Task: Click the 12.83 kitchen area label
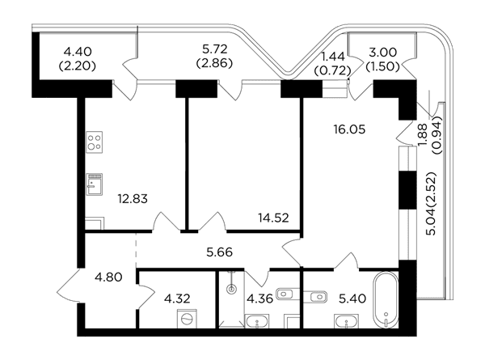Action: point(133,199)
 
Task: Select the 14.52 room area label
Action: point(273,218)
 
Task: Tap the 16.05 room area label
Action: point(349,129)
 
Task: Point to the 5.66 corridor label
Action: point(219,252)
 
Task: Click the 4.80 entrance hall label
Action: point(108,277)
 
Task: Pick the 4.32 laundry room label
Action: point(177,299)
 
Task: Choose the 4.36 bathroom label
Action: point(259,299)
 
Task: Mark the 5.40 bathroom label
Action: point(352,299)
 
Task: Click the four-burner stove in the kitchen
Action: point(95,142)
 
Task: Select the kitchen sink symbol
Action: point(95,184)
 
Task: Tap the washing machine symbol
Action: point(187,319)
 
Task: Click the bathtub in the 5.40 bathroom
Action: point(386,300)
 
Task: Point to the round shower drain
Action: point(231,290)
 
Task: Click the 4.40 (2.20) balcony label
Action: point(78,58)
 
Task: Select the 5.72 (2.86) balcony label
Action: point(214,56)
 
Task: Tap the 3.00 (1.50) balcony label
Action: point(383,59)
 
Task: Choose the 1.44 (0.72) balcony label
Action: point(332,64)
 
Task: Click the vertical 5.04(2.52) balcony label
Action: point(431,204)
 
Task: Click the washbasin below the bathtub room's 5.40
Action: point(347,321)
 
